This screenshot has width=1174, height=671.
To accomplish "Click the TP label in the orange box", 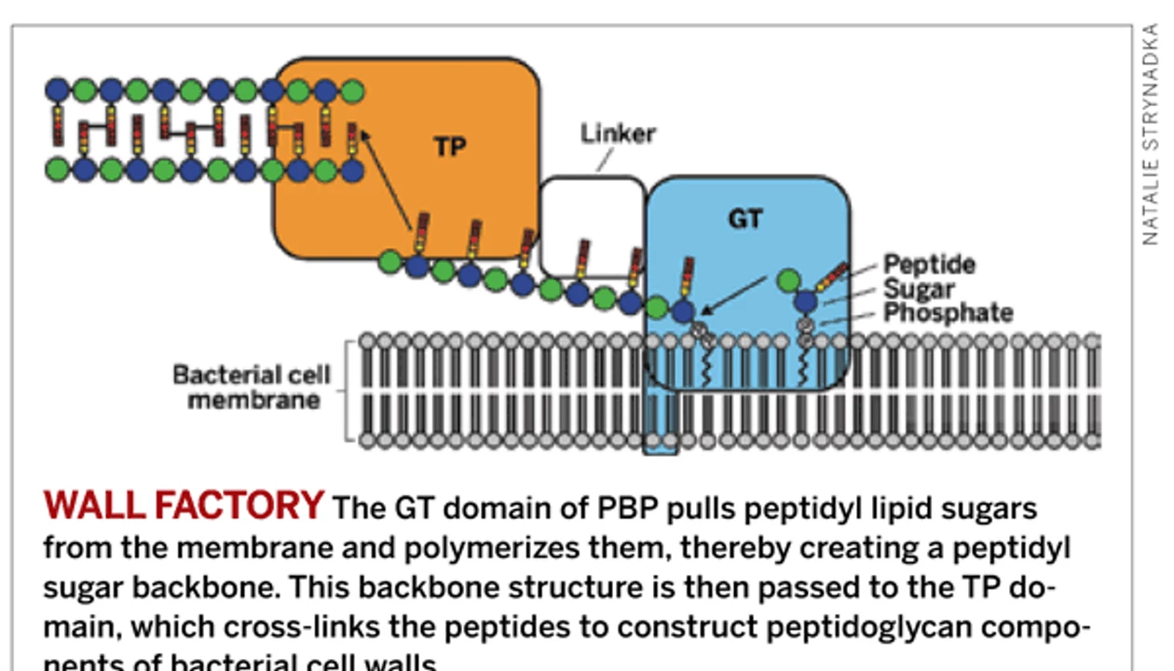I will pyautogui.click(x=449, y=146).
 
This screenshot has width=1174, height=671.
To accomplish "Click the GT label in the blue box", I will pyautogui.click(x=745, y=220).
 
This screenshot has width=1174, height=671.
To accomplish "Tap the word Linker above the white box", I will pyautogui.click(x=618, y=133).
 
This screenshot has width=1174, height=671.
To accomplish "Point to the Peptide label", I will pyautogui.click(x=929, y=264).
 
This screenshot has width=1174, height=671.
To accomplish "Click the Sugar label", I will pyautogui.click(x=918, y=288).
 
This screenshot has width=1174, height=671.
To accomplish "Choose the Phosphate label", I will pyautogui.click(x=947, y=312).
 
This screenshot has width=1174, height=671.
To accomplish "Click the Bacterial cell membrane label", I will pyautogui.click(x=252, y=388).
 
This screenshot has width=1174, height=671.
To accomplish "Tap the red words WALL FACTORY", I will pyautogui.click(x=183, y=506).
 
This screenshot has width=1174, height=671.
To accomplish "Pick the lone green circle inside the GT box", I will pyautogui.click(x=788, y=280).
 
